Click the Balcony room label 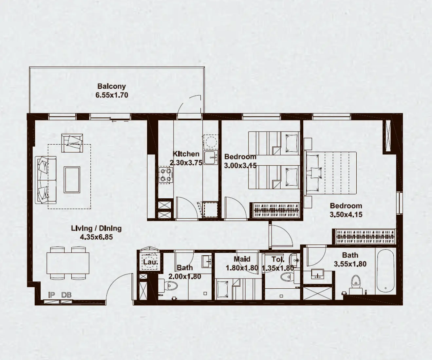point(111,86)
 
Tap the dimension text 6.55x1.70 point(111,95)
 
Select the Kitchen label point(186,154)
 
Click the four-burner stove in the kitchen point(165,174)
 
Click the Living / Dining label point(96,228)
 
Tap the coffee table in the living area point(72,179)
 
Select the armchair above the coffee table point(72,143)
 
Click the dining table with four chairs point(68,263)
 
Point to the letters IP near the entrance point(51,295)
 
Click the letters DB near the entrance point(66,295)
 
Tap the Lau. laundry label point(150,262)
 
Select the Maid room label point(242,259)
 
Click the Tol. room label point(278,259)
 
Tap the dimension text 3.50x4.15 point(346,215)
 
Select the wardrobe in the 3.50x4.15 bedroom point(366,236)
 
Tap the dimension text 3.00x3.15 point(240,166)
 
